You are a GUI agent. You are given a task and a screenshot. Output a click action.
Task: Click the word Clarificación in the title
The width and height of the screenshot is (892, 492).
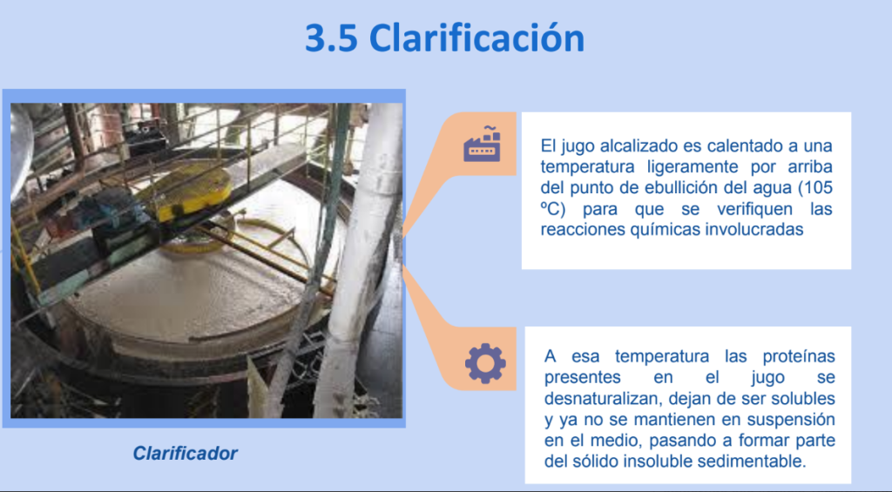(476, 38)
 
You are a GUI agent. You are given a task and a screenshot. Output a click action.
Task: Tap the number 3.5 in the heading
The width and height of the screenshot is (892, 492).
(330, 38)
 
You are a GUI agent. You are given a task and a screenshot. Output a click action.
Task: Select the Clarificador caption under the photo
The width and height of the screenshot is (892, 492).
(185, 454)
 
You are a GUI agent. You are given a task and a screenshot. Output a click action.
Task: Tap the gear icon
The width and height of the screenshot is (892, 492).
(485, 363)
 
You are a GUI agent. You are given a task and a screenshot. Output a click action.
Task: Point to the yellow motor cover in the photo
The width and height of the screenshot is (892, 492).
(189, 192)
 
